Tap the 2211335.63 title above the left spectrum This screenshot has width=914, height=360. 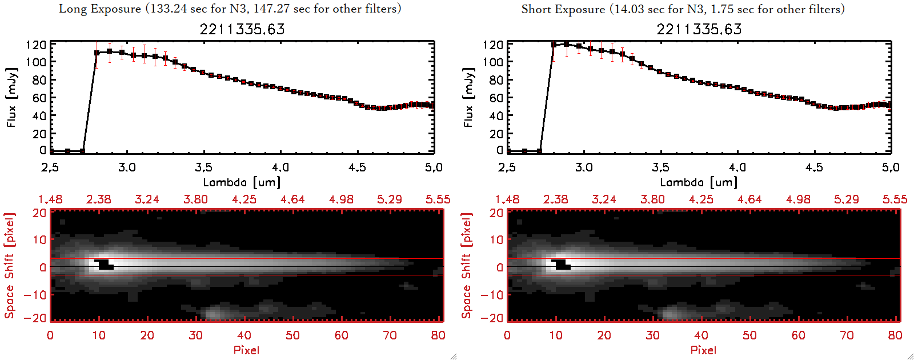tap(242, 29)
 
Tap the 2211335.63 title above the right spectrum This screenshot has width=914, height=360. tap(699, 29)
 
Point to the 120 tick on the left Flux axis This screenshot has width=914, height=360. tap(36, 45)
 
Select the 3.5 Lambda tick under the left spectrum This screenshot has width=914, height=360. tap(203, 167)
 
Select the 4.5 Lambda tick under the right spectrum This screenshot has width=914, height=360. tap(814, 167)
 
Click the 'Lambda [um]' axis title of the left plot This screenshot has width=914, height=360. tap(242, 182)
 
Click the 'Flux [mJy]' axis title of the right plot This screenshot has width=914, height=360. tap(468, 97)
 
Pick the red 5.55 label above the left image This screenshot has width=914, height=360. tap(438, 199)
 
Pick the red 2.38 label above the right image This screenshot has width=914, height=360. tap(555, 199)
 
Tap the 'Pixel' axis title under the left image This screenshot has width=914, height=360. tap(246, 350)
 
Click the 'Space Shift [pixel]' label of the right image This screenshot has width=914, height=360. tap(466, 266)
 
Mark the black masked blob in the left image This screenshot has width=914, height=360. tap(104, 264)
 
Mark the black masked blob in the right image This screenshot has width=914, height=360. tap(561, 264)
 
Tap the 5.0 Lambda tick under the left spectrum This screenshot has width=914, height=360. tap(434, 167)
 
